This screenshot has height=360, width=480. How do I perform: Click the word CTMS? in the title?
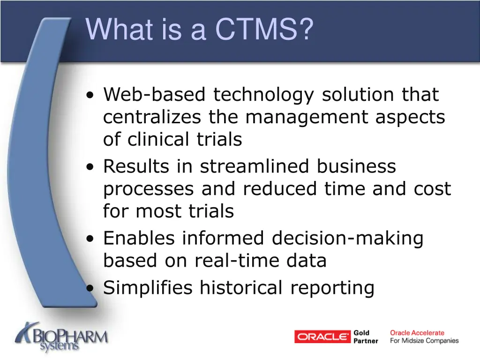click(x=264, y=29)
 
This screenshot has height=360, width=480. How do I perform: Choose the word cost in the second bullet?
click(x=432, y=189)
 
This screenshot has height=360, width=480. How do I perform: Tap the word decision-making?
click(x=347, y=239)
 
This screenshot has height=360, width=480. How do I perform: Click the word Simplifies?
click(x=148, y=288)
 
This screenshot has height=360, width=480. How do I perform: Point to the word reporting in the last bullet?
click(x=332, y=288)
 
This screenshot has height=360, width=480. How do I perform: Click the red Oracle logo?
click(x=322, y=337)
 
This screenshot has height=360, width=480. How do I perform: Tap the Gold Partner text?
click(x=365, y=337)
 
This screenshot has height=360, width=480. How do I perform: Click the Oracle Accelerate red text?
click(x=417, y=333)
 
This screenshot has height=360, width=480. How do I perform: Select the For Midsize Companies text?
click(x=424, y=341)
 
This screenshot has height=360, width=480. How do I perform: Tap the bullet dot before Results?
click(x=90, y=167)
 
